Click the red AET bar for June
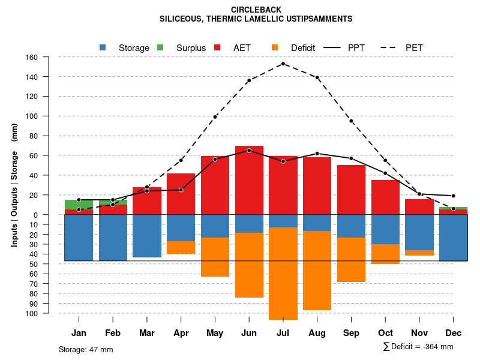point(249,180)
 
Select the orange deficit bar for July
point(283,274)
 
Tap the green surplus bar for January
point(79,205)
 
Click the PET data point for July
point(283,64)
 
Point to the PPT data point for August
point(317,154)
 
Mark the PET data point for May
point(215,117)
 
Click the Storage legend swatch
point(103,47)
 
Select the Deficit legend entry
point(303,48)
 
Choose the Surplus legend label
point(191,48)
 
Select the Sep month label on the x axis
point(352,333)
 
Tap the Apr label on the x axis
point(181,333)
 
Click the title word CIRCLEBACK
point(256,10)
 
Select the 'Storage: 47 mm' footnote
point(86,349)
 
